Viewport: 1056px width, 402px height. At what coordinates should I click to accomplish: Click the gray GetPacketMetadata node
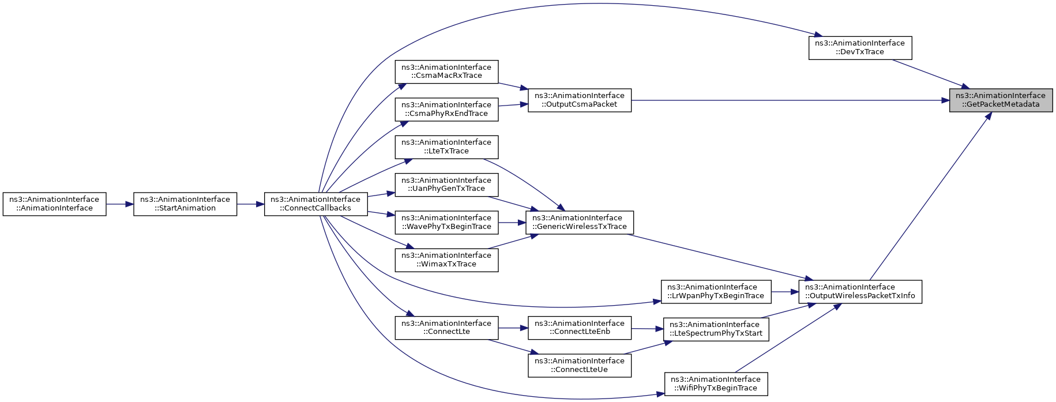(1001, 100)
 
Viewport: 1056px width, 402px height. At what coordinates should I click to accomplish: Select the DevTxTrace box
(860, 47)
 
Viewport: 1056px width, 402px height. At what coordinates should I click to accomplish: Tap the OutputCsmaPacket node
(580, 100)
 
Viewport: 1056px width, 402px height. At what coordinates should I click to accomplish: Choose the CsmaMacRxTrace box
(446, 72)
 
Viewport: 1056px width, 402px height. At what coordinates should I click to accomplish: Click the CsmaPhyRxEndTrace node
(446, 109)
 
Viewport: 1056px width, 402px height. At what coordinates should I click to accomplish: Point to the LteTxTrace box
(446, 146)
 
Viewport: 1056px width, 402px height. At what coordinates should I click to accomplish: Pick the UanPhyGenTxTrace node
(446, 185)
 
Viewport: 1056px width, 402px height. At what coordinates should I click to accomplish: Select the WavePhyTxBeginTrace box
(446, 222)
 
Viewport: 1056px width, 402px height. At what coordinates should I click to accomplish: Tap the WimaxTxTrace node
(446, 260)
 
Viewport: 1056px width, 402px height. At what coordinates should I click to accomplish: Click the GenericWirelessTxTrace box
(580, 222)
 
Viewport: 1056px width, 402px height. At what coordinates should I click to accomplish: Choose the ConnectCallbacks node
(315, 204)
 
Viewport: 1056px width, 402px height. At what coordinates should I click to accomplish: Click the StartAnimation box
(185, 204)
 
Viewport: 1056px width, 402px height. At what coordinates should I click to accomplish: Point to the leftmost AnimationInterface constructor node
(54, 204)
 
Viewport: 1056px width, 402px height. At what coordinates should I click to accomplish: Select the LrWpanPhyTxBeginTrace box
(716, 291)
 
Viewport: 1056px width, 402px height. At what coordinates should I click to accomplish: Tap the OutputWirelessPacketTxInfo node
(860, 291)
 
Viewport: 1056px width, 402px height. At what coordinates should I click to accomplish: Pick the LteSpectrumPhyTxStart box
(716, 329)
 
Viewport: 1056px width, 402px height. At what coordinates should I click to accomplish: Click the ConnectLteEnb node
(580, 328)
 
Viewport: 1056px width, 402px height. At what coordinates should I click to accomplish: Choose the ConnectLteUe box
(580, 365)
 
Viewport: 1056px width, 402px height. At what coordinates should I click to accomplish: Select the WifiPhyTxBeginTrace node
(716, 384)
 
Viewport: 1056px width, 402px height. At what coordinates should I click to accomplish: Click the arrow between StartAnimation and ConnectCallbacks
(250, 204)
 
